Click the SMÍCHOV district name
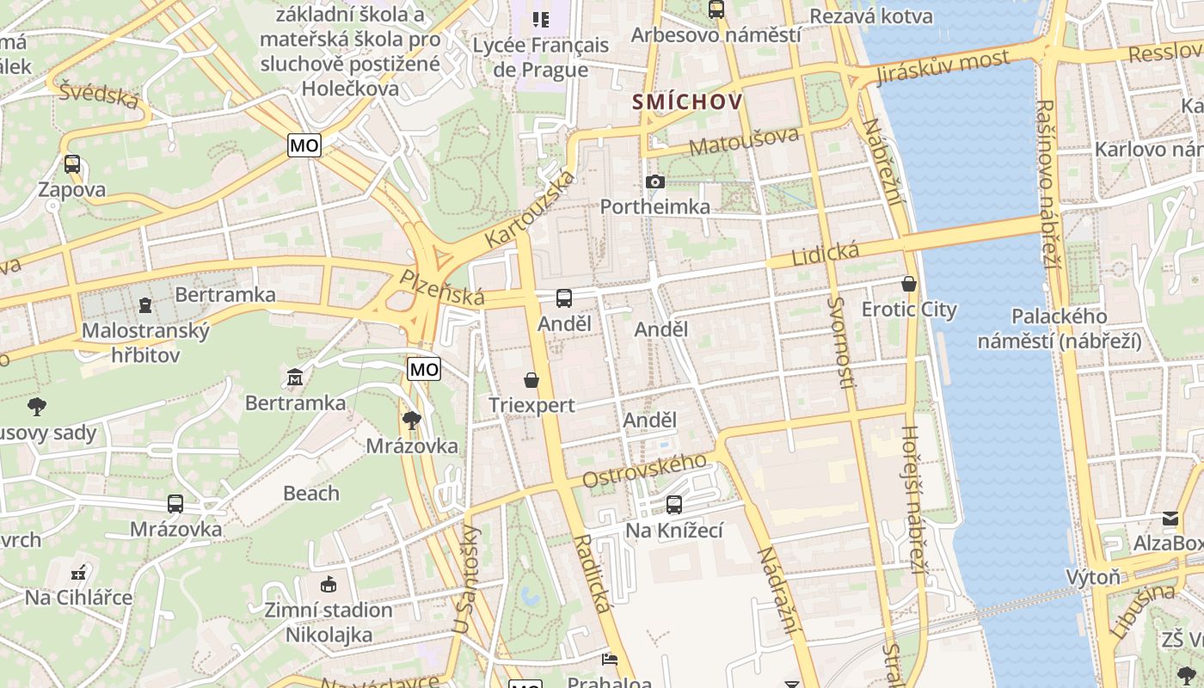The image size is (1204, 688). coord(688,101)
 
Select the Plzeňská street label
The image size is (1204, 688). coord(442,287)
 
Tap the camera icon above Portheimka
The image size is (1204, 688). coord(655,181)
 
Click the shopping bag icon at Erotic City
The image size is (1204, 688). coord(909,284)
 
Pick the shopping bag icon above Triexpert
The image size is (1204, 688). coord(531,379)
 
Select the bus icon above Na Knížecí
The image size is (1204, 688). coord(674,505)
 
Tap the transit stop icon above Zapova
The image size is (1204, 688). coord(72,163)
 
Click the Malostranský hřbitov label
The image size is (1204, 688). coord(145,342)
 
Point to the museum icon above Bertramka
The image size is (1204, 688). coord(295,377)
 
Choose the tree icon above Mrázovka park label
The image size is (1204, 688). coord(412,420)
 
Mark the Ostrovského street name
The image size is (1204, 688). coord(644,470)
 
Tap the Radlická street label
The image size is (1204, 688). coord(593,572)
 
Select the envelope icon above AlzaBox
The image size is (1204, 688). coord(1170,518)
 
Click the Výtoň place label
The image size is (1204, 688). coord(1093,576)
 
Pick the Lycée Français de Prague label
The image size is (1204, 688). coord(540,57)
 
